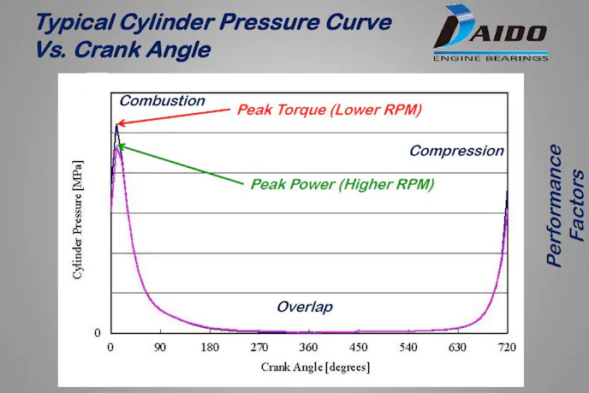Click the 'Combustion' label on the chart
coord(162,101)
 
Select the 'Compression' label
coord(456,152)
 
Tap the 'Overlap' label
coord(304,307)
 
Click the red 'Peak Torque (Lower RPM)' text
coord(330,110)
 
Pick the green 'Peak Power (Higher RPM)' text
coord(342,184)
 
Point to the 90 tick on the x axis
coord(160,348)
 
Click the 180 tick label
coord(210,348)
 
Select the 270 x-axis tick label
coord(259,348)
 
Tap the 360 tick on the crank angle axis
coord(309,348)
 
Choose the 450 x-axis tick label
coord(359,348)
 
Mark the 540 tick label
coord(408,348)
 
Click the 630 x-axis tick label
coord(458,348)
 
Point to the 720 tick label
coord(508,348)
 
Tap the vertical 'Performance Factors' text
coord(566,205)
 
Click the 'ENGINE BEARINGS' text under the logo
coord(491,58)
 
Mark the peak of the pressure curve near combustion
coord(117,126)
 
